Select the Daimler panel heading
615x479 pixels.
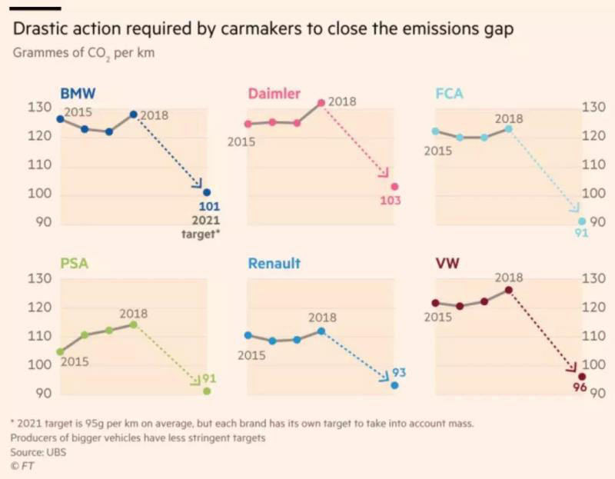click(x=274, y=94)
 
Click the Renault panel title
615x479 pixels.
click(x=274, y=263)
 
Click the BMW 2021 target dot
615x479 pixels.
click(x=206, y=193)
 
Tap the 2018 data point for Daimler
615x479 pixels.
click(x=321, y=103)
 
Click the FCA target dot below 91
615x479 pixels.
click(x=582, y=221)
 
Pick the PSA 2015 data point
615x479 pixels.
click(x=61, y=351)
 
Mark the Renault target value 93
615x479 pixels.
click(x=399, y=373)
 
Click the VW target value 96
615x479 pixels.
click(x=580, y=388)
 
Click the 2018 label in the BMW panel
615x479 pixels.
click(x=154, y=115)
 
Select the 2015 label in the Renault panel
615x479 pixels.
click(x=251, y=355)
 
